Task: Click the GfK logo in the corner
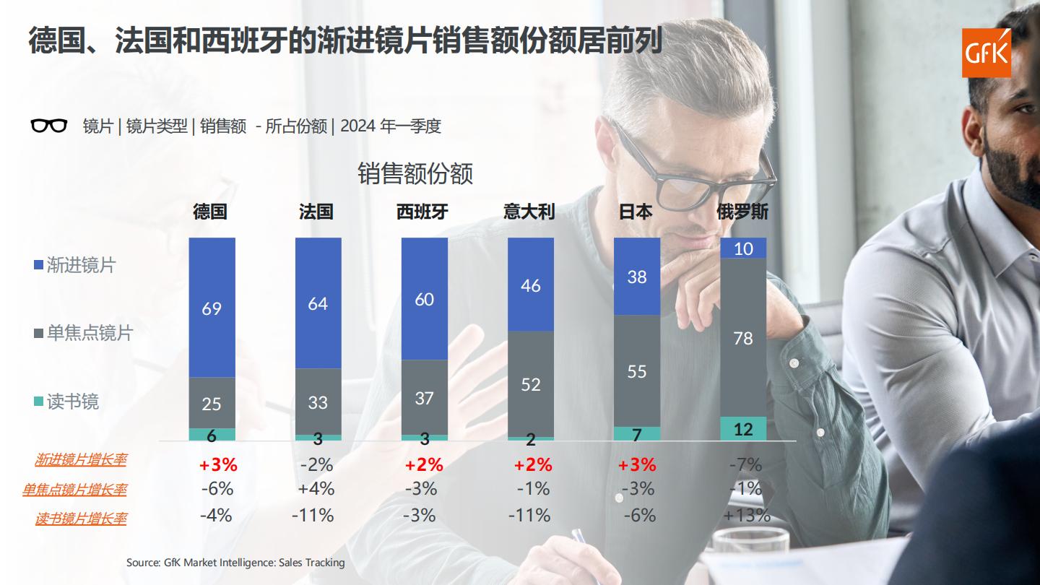pos(987,53)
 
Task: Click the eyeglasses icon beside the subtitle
pos(49,126)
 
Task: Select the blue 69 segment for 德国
pos(212,308)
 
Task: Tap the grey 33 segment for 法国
pos(318,402)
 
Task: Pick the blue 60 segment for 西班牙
pos(424,299)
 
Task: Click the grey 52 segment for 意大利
pos(530,384)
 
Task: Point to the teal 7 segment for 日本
pos(636,433)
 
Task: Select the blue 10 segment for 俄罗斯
pos(742,248)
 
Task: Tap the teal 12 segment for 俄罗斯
pos(742,429)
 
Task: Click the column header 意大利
pos(529,212)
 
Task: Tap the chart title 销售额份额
pos(415,174)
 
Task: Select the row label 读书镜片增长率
pos(80,519)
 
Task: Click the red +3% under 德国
pos(218,464)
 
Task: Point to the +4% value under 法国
pos(316,489)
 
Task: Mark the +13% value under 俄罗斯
pos(746,516)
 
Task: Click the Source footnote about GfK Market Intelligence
pos(235,562)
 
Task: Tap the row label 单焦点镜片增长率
pos(74,490)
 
